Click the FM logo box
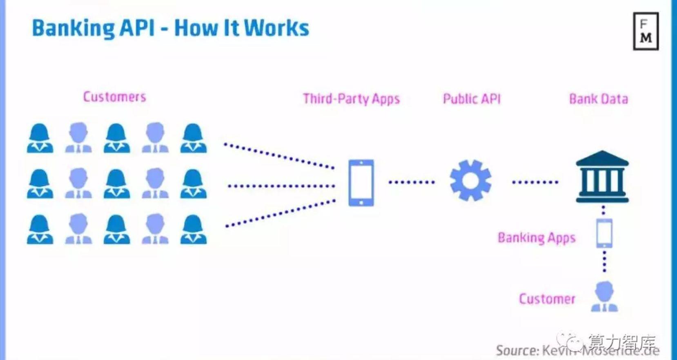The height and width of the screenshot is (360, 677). pyautogui.click(x=646, y=31)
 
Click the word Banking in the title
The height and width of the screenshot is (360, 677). pyautogui.click(x=73, y=28)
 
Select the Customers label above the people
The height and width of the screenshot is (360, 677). pyautogui.click(x=114, y=97)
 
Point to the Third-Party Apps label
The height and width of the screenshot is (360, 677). pyautogui.click(x=351, y=99)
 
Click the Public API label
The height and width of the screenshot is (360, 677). pyautogui.click(x=472, y=99)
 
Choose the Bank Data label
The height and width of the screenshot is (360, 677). pyautogui.click(x=598, y=99)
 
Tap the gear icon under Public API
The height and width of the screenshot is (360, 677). pyautogui.click(x=470, y=180)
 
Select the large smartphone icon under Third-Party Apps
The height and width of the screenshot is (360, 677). pyautogui.click(x=361, y=182)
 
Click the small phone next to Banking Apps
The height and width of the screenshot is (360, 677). pyautogui.click(x=604, y=233)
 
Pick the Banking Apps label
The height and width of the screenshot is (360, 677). pyautogui.click(x=536, y=238)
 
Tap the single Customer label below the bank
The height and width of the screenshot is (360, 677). pyautogui.click(x=547, y=299)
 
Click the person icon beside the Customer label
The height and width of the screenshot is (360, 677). pyautogui.click(x=604, y=297)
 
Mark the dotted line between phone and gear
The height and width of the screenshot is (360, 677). pyautogui.click(x=411, y=182)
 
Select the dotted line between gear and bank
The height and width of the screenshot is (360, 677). pyautogui.click(x=535, y=182)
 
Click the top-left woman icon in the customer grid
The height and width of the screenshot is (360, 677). pyautogui.click(x=40, y=138)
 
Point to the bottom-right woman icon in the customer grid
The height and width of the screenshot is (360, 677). pyautogui.click(x=194, y=229)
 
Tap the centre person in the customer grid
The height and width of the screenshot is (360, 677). pyautogui.click(x=117, y=184)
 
